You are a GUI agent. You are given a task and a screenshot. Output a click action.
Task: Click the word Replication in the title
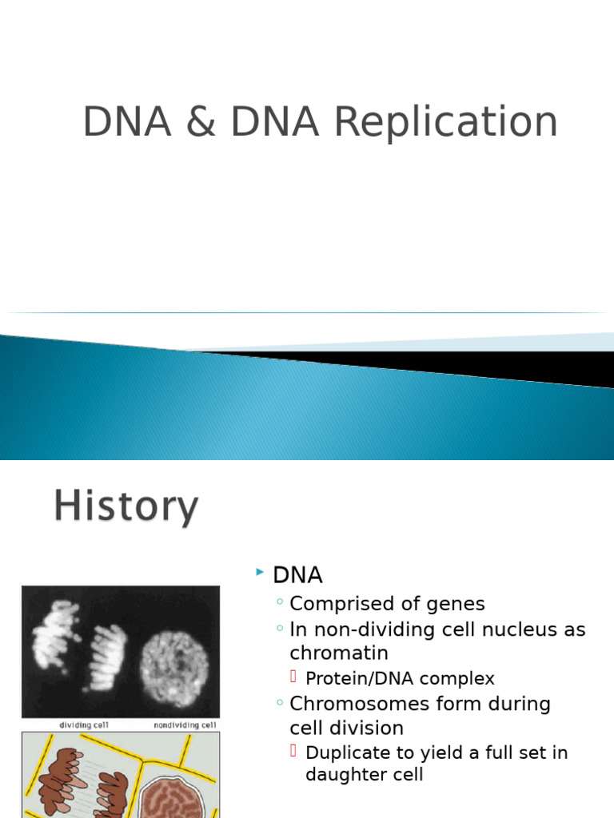tap(445, 123)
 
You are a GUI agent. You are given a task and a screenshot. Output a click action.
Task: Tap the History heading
tap(126, 507)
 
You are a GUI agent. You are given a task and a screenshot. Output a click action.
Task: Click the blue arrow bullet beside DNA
tap(259, 572)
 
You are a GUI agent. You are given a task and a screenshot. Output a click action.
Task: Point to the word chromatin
tap(339, 653)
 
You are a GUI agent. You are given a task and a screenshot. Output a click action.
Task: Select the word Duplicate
tap(347, 752)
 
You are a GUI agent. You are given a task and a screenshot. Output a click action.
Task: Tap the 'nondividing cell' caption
tap(185, 725)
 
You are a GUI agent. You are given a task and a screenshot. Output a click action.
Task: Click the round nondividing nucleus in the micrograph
tap(174, 662)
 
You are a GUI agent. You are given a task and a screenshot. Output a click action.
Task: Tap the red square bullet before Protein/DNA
tap(293, 677)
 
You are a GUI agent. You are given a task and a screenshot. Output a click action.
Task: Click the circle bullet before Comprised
tap(279, 603)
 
